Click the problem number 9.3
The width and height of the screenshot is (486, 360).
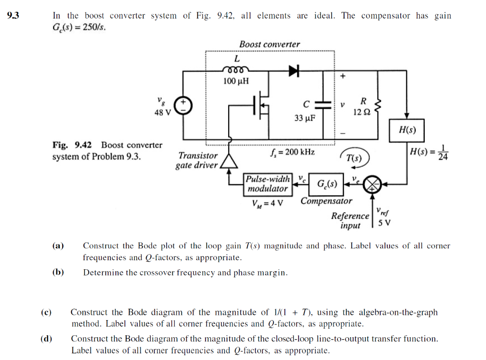point(13,16)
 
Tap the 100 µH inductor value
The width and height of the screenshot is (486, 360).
point(236,81)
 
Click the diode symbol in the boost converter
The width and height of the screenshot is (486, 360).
point(294,71)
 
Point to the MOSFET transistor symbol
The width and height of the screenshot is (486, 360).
point(262,106)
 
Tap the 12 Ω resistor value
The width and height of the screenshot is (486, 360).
point(362,112)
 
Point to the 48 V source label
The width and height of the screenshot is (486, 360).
point(163,113)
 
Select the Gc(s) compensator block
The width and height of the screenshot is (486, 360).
point(327,184)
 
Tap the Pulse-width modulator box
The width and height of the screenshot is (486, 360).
point(268,184)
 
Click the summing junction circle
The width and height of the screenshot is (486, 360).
point(372,185)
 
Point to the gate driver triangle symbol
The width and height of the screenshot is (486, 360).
point(230,162)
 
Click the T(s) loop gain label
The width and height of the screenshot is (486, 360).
point(354,158)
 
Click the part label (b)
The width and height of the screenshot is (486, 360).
point(58,273)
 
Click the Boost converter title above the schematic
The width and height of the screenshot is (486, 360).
point(270,44)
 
